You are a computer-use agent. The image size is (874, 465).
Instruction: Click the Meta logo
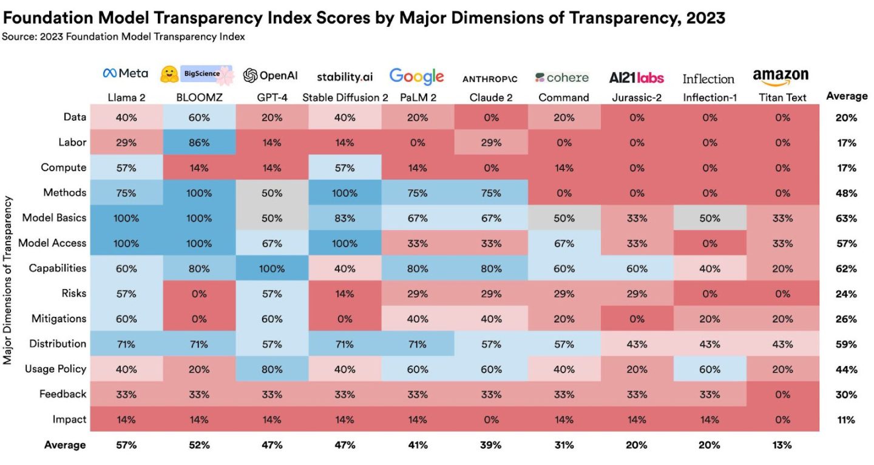tap(126, 73)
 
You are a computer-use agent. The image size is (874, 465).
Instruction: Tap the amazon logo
tap(781, 76)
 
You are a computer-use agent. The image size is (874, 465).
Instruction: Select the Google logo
tap(416, 76)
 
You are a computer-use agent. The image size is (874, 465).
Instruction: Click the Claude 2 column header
tap(490, 97)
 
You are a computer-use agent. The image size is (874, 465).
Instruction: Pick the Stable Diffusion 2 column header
tap(344, 97)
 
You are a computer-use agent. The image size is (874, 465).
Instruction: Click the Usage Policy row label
tap(56, 369)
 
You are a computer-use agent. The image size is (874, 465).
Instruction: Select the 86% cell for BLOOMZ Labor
tap(199, 143)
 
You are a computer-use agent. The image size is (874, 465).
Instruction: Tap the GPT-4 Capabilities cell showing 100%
tap(272, 268)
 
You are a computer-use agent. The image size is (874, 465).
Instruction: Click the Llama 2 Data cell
tap(126, 118)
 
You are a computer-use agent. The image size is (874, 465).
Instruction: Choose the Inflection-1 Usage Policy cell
tap(709, 369)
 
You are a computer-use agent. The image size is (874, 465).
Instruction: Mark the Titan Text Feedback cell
tap(782, 394)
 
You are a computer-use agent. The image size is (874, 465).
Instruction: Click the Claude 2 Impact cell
tap(490, 419)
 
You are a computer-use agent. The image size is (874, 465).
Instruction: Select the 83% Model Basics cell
tap(344, 218)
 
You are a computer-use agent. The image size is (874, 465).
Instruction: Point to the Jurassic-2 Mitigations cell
tap(636, 319)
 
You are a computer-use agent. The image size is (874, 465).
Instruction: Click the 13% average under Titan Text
tap(782, 445)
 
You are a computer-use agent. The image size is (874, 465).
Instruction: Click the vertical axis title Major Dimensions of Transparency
tap(8, 280)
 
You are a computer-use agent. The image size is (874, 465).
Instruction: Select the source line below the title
tap(123, 37)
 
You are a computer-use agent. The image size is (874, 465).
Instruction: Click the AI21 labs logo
tap(636, 78)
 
